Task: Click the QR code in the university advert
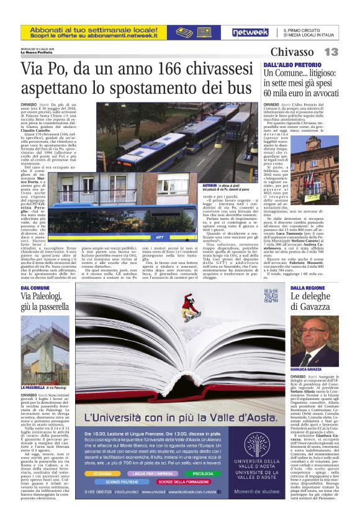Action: coord(270,294)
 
